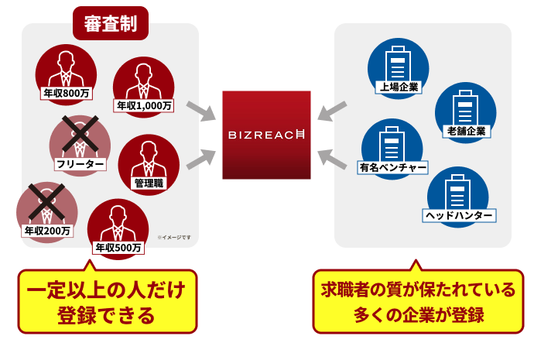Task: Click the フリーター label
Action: coord(80,164)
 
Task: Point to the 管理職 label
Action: coord(149,183)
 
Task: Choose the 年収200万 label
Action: coord(47,231)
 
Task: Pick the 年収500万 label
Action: coord(118,248)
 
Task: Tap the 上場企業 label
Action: coord(399,87)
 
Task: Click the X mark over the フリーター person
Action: coord(79,135)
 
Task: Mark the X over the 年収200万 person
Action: coord(46,201)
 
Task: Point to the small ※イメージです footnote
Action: coord(173,238)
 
